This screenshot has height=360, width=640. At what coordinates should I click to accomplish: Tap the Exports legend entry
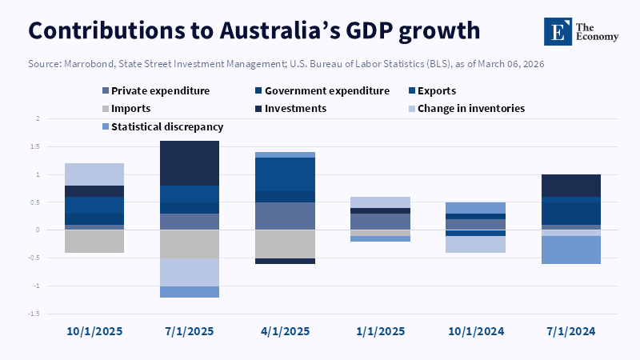(453, 91)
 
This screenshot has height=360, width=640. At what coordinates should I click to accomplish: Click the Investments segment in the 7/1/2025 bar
(189, 163)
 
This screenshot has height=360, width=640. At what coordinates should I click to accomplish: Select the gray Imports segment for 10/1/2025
(94, 242)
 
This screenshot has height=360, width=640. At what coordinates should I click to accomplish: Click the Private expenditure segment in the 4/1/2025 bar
(284, 216)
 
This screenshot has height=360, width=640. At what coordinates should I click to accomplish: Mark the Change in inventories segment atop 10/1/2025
(94, 174)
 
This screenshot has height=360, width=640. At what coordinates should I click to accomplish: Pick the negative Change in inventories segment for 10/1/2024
(474, 244)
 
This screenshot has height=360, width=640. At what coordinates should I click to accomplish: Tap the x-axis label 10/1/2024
(474, 330)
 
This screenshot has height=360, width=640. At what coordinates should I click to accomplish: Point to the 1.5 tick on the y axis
(37, 146)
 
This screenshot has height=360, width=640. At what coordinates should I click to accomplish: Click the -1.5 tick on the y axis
(35, 314)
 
